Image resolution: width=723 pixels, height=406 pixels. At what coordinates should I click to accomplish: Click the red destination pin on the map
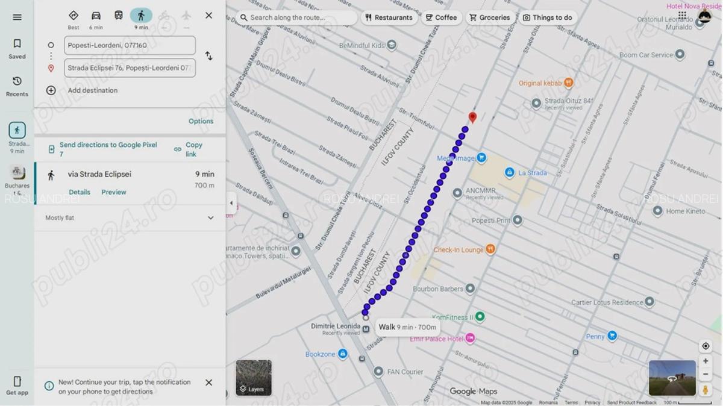[x=472, y=117]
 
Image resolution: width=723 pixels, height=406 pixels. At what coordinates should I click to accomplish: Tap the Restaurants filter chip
[x=389, y=17]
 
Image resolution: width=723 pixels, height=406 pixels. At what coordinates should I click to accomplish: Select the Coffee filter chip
[x=441, y=17]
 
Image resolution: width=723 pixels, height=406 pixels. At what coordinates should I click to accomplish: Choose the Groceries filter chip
[x=489, y=17]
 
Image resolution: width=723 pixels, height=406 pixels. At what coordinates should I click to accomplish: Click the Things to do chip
[x=547, y=17]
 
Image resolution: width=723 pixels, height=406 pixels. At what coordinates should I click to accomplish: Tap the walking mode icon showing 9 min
[x=141, y=16]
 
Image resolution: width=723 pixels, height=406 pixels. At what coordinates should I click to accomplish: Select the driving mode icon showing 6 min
[x=96, y=16]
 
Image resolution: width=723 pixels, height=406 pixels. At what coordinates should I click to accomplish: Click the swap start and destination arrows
[x=208, y=56]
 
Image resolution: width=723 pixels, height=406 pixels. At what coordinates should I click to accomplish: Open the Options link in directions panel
[x=201, y=121]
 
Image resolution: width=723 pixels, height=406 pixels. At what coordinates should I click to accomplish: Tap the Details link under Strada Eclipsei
[x=80, y=192]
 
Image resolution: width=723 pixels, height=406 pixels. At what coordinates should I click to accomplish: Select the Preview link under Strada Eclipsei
[x=114, y=192]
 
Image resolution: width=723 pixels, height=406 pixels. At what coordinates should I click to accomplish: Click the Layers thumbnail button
[x=254, y=378]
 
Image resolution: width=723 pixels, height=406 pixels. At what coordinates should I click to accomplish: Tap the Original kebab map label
[x=540, y=83]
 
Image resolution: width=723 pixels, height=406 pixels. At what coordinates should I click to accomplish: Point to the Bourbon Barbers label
[x=438, y=289]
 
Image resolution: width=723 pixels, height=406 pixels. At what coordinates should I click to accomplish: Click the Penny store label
[x=595, y=337]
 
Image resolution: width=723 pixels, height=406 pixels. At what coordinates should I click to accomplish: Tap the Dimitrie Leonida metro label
[x=336, y=326]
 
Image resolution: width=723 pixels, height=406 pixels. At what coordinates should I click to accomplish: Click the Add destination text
[x=93, y=90]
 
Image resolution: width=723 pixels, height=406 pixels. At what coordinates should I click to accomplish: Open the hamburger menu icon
[x=17, y=17]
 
